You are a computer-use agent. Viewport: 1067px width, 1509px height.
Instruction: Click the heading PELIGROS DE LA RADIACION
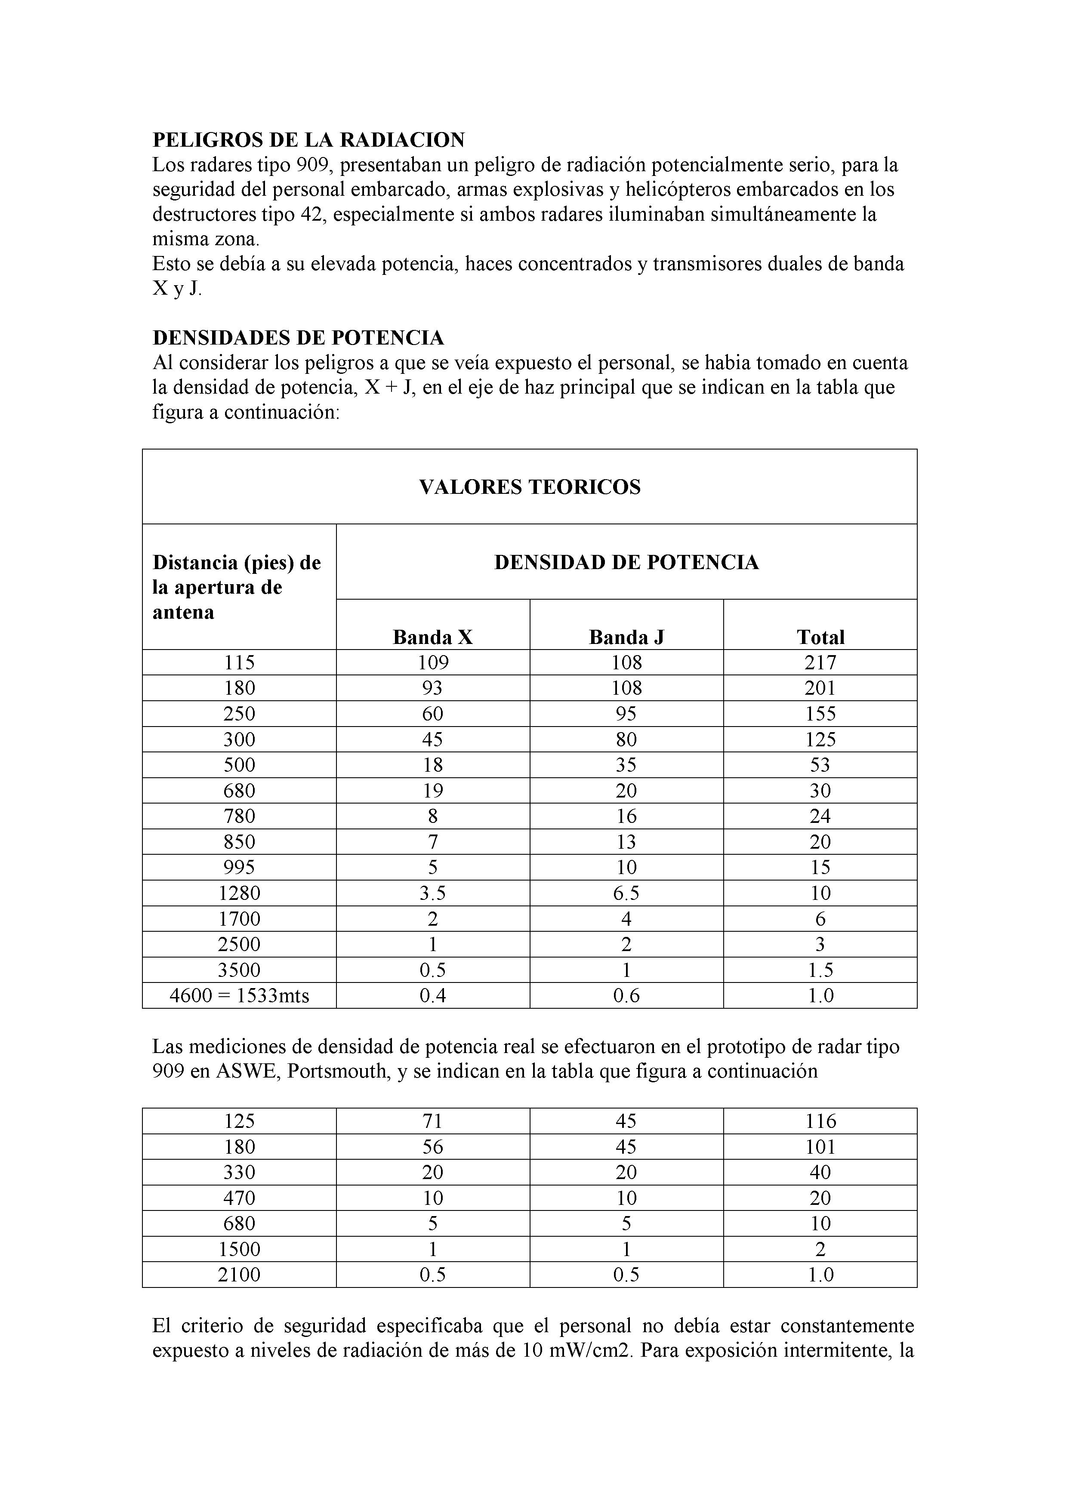(308, 140)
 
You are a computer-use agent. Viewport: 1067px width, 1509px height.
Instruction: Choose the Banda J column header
(626, 637)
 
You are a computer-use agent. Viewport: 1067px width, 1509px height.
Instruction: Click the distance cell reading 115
(239, 662)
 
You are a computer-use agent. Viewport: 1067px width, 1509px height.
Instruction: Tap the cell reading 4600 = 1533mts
(239, 996)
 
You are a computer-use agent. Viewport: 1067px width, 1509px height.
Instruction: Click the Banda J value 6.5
(626, 893)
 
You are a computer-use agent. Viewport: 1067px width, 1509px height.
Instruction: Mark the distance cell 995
(239, 868)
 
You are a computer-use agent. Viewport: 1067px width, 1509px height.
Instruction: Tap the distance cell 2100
(239, 1275)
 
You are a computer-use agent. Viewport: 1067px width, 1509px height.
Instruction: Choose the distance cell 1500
(239, 1249)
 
